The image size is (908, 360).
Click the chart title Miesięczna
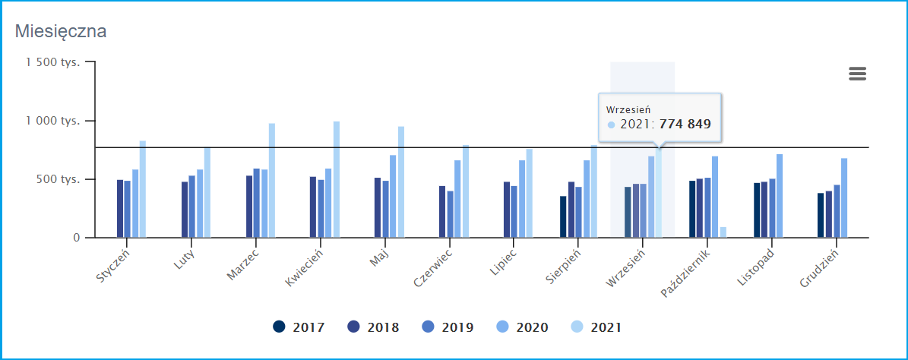pyautogui.click(x=60, y=32)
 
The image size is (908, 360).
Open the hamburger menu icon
pyautogui.click(x=857, y=74)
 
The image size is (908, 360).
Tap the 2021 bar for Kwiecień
pyautogui.click(x=336, y=180)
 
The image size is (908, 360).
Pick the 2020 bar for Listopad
pyautogui.click(x=780, y=196)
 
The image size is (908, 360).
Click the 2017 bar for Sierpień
pyautogui.click(x=563, y=216)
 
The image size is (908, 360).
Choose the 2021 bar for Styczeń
pyautogui.click(x=143, y=189)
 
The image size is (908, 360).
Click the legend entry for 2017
pyautogui.click(x=299, y=327)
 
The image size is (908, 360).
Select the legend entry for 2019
pyautogui.click(x=448, y=327)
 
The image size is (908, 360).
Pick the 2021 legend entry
pyautogui.click(x=596, y=327)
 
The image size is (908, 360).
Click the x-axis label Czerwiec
pyautogui.click(x=434, y=268)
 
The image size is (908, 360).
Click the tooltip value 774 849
pyautogui.click(x=685, y=124)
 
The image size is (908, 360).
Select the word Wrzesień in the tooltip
pyautogui.click(x=628, y=109)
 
